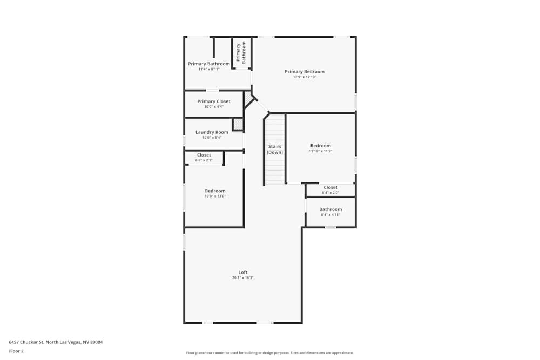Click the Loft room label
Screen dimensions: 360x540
(243, 272)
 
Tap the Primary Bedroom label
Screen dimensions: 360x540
(305, 71)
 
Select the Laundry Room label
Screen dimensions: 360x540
(212, 132)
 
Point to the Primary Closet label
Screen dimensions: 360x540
(214, 101)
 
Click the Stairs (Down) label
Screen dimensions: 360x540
(275, 150)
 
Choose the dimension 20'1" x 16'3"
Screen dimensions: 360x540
(243, 278)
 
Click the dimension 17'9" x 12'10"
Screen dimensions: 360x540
(305, 77)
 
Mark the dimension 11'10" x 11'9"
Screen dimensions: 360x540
(320, 151)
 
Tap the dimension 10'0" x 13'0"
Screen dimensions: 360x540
(215, 196)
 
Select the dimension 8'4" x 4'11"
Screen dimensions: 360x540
(330, 215)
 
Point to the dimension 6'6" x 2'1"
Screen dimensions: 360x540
(204, 160)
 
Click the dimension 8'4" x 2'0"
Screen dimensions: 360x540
(330, 193)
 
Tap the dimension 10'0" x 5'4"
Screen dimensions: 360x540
(212, 138)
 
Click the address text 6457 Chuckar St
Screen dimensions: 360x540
(27, 342)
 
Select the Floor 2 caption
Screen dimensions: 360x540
(16, 351)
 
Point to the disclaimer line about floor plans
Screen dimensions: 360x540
(270, 353)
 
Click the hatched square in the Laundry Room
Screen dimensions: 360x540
(238, 124)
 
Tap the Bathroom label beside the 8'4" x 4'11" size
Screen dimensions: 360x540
(330, 209)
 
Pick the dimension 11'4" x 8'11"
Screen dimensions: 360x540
(209, 69)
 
